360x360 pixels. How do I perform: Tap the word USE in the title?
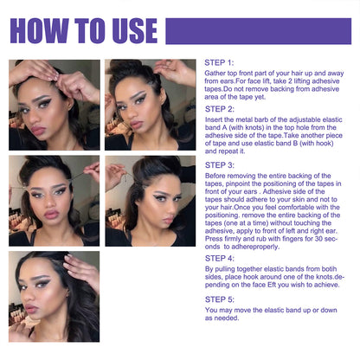point(135,31)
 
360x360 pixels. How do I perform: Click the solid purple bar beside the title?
point(259,31)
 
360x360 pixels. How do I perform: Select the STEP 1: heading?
point(219,63)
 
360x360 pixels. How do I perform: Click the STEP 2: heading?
point(220,109)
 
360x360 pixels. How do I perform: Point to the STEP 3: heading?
point(220,165)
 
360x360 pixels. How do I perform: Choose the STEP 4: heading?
point(220,259)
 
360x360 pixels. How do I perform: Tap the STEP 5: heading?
point(220,299)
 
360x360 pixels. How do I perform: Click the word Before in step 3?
point(215,176)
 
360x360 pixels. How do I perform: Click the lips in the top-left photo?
point(38,131)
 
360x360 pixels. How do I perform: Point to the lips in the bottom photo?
point(32,309)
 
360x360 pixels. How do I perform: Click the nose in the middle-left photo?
point(50,202)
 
